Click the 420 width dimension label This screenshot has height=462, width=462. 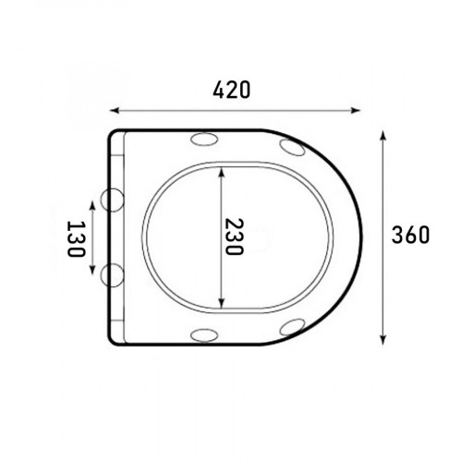tap(232, 90)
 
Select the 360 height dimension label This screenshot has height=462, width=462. tap(410, 235)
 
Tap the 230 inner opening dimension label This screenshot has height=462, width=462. tap(235, 237)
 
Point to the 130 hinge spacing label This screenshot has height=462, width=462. tap(76, 238)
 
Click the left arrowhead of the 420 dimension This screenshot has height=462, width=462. tap(115, 110)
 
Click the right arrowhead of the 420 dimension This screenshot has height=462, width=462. tap(356, 110)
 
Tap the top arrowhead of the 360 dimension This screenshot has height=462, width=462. tap(383, 136)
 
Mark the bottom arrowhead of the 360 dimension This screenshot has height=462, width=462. tap(383, 340)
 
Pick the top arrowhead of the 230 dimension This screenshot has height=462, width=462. tap(221, 172)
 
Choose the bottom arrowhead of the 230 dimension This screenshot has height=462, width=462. tap(221, 303)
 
